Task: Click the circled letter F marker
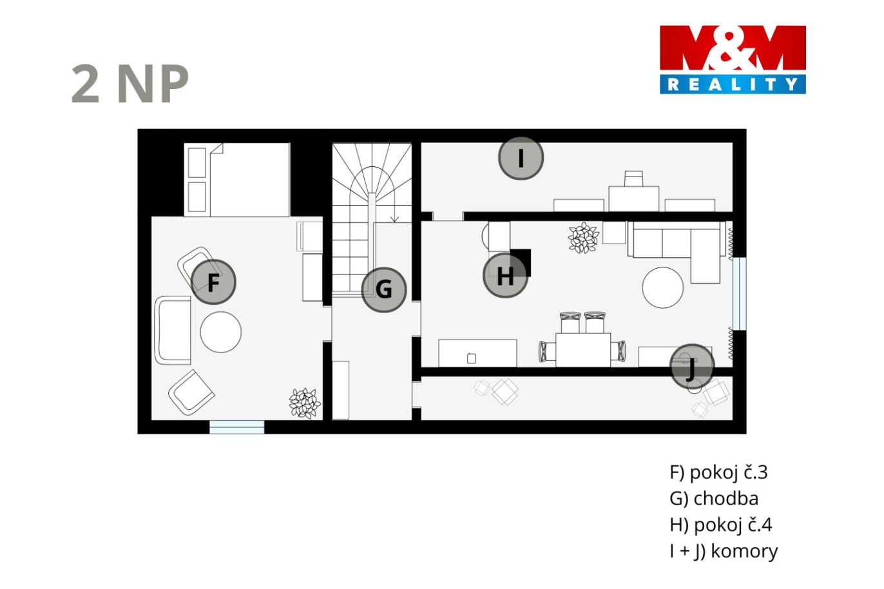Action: click(x=213, y=282)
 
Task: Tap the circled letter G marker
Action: click(x=383, y=290)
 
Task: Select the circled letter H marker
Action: click(x=505, y=275)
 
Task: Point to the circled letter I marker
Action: click(x=521, y=159)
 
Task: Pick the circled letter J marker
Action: click(x=692, y=367)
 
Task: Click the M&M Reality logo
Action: click(x=733, y=60)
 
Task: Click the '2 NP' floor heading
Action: click(x=130, y=84)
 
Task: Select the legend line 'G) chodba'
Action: click(x=714, y=498)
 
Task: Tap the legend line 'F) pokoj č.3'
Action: click(x=718, y=472)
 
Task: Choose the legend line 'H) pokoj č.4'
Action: click(x=720, y=525)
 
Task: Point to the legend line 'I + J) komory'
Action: click(x=724, y=551)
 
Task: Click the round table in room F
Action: click(x=220, y=332)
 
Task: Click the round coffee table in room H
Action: click(x=662, y=287)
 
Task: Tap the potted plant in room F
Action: click(x=305, y=403)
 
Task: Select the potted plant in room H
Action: click(x=583, y=238)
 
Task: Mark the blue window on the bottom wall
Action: click(x=236, y=427)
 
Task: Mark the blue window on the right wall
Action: click(x=740, y=294)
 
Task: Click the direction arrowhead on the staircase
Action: click(x=394, y=219)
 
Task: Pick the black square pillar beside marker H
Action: click(x=521, y=262)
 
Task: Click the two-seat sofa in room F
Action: click(x=173, y=331)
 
